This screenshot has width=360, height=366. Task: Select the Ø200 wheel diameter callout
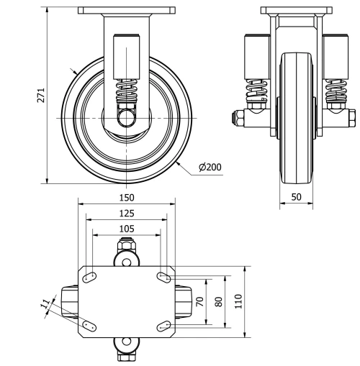click(x=210, y=167)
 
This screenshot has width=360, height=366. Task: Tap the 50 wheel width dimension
click(x=296, y=196)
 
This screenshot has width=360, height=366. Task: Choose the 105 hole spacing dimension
click(x=127, y=228)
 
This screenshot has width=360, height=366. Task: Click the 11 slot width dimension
click(x=47, y=305)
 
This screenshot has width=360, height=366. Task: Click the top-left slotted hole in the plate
click(x=91, y=277)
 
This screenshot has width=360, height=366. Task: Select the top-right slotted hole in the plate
click(x=162, y=277)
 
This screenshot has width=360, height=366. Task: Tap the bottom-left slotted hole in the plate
click(x=91, y=325)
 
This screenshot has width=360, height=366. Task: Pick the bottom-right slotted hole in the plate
click(x=162, y=325)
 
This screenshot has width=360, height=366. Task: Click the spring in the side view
click(x=127, y=93)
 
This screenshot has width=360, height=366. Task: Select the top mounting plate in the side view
click(x=127, y=10)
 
